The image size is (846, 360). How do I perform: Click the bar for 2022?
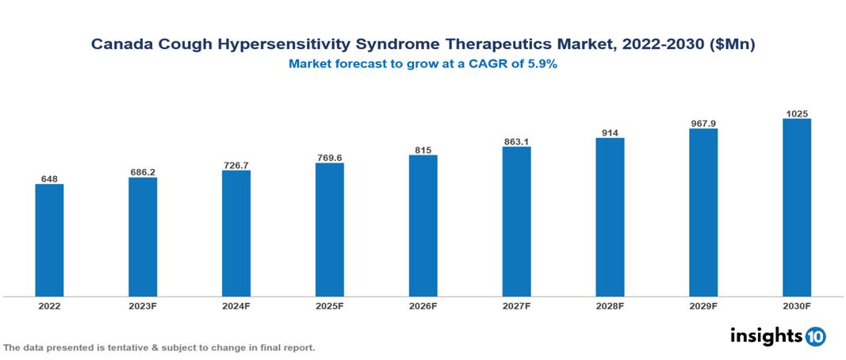click(49, 240)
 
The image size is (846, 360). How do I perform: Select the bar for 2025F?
click(329, 230)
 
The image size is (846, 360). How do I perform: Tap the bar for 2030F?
click(796, 208)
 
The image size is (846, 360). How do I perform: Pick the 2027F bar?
click(516, 221)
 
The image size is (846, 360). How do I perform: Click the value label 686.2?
click(143, 171)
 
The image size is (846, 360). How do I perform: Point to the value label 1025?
click(797, 113)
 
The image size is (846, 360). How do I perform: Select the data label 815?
click(423, 149)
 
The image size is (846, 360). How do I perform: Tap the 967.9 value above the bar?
click(703, 123)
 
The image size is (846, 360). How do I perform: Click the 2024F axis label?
click(236, 305)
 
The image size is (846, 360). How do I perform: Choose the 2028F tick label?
click(610, 305)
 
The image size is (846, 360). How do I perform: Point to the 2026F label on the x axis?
click(423, 305)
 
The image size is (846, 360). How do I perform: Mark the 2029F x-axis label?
click(703, 305)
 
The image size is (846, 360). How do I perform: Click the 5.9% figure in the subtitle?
click(542, 65)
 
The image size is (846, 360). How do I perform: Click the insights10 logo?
click(778, 335)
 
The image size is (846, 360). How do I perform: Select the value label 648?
click(49, 178)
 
